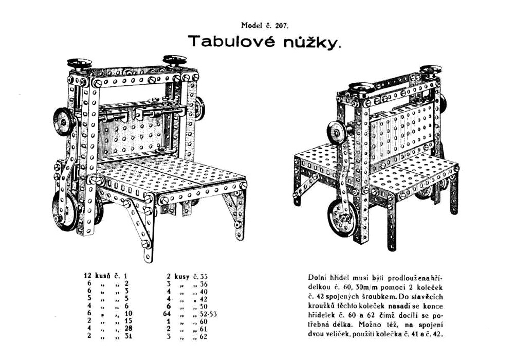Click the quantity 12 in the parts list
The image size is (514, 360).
click(x=87, y=276)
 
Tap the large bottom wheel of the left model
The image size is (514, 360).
click(x=66, y=209)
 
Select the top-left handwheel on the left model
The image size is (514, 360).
click(x=79, y=64)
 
